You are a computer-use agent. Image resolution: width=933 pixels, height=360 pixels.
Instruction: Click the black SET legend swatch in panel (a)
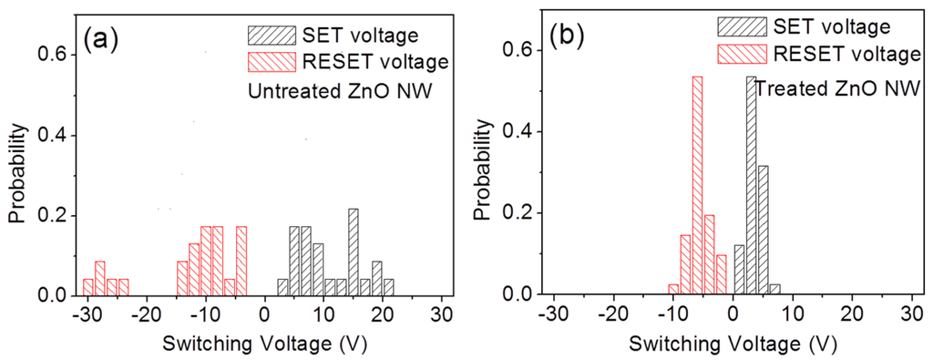pyautogui.click(x=272, y=35)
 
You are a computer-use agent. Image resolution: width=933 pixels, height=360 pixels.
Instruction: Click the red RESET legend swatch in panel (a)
pyautogui.click(x=272, y=61)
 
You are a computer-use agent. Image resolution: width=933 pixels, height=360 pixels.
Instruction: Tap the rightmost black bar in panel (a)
pyautogui.click(x=389, y=287)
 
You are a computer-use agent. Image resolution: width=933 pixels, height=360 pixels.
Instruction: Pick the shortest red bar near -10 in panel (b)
pyautogui.click(x=673, y=289)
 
